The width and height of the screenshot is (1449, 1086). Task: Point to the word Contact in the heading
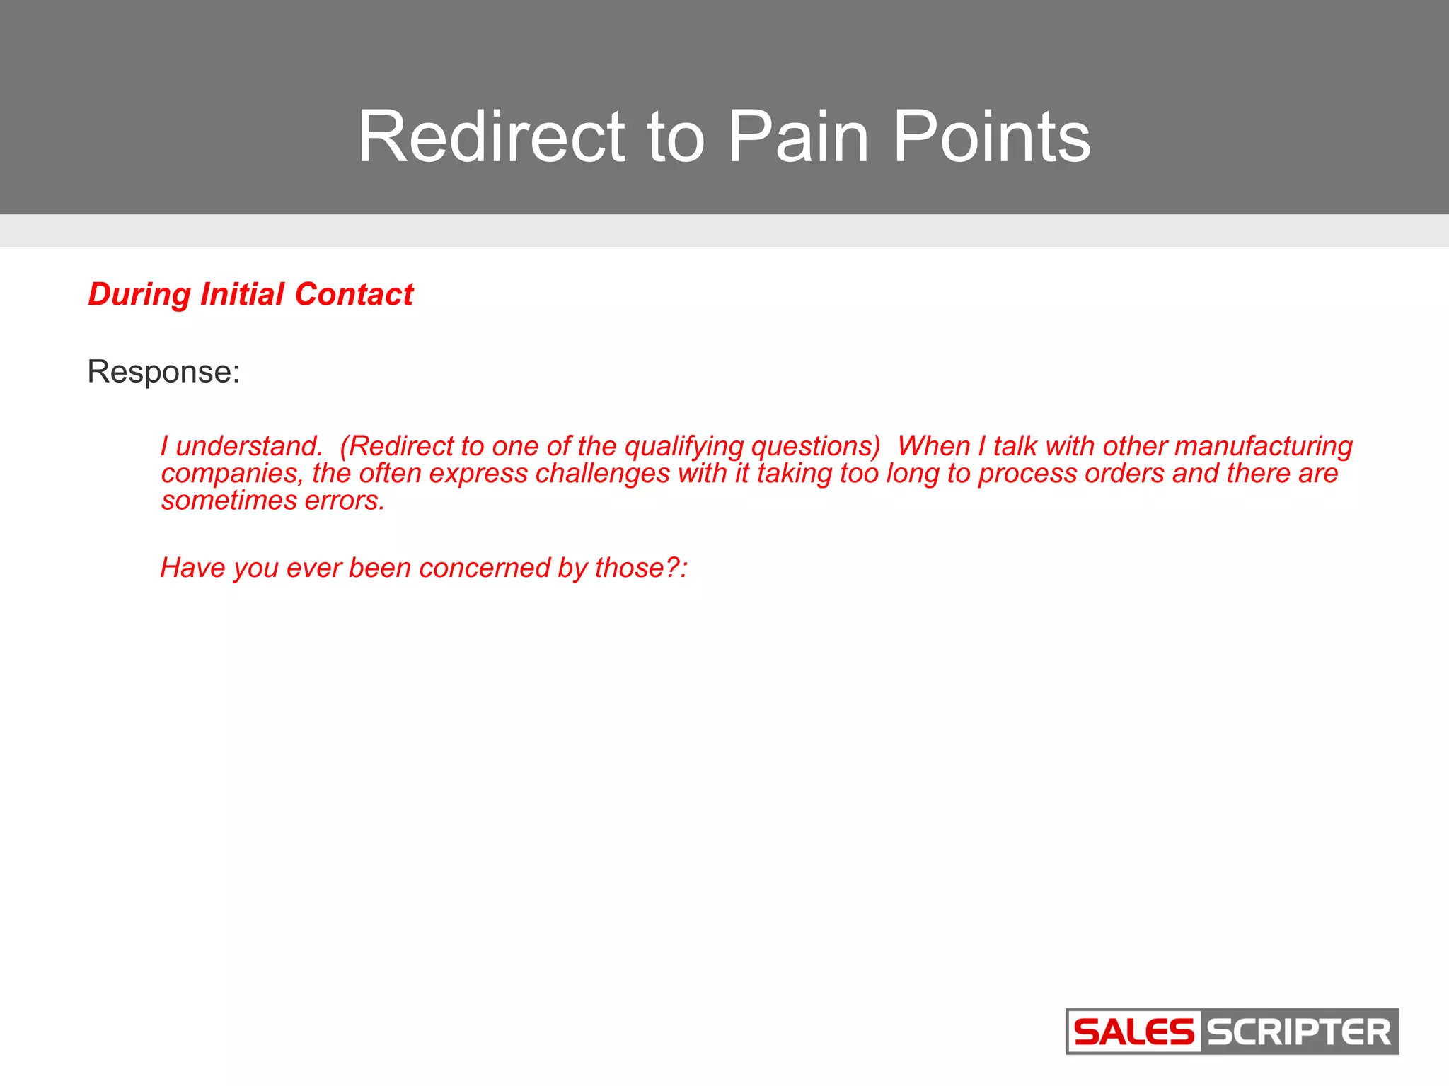(354, 294)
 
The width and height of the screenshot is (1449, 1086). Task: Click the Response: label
(163, 372)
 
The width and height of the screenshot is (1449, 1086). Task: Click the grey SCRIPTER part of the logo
(1299, 1032)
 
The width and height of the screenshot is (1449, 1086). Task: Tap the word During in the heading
(139, 294)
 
